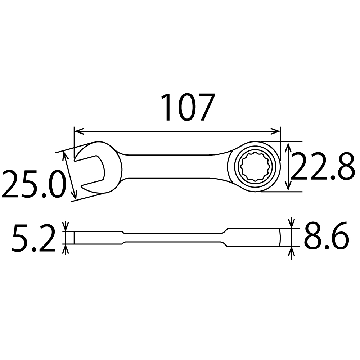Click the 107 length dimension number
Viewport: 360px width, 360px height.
[x=188, y=107]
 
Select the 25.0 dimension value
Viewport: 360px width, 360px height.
[x=34, y=184]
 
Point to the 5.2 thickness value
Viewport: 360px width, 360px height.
[x=34, y=238]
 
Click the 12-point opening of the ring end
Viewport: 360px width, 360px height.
[x=255, y=167]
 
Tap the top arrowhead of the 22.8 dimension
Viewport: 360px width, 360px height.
[x=288, y=147]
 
